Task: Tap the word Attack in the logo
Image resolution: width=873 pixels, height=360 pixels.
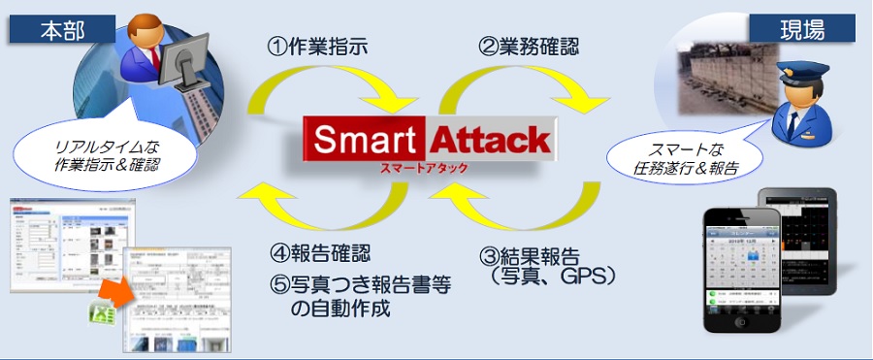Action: tap(490, 141)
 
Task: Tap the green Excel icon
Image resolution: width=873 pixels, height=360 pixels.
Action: tap(102, 314)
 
